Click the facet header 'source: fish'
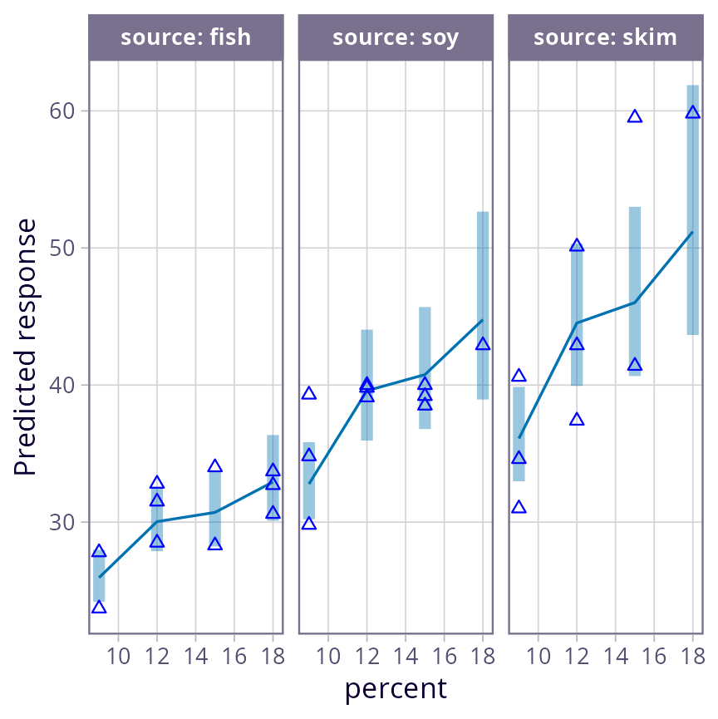(185, 37)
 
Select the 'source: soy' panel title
(396, 37)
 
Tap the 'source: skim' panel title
(605, 37)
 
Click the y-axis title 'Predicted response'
(26, 347)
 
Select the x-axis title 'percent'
(396, 689)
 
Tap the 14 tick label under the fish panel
(195, 657)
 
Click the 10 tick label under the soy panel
(328, 657)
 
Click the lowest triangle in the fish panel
(99, 607)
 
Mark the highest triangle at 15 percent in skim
(635, 116)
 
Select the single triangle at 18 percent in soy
(483, 344)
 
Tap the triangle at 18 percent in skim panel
(693, 112)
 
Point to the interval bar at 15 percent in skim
(635, 291)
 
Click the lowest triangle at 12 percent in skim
(578, 420)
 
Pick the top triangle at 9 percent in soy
(309, 393)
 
